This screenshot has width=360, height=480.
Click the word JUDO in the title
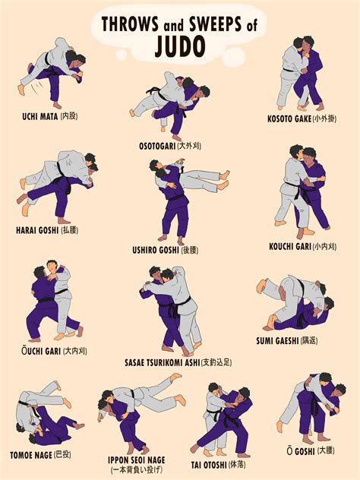pos(180,47)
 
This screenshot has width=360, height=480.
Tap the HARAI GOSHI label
pos(46,229)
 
